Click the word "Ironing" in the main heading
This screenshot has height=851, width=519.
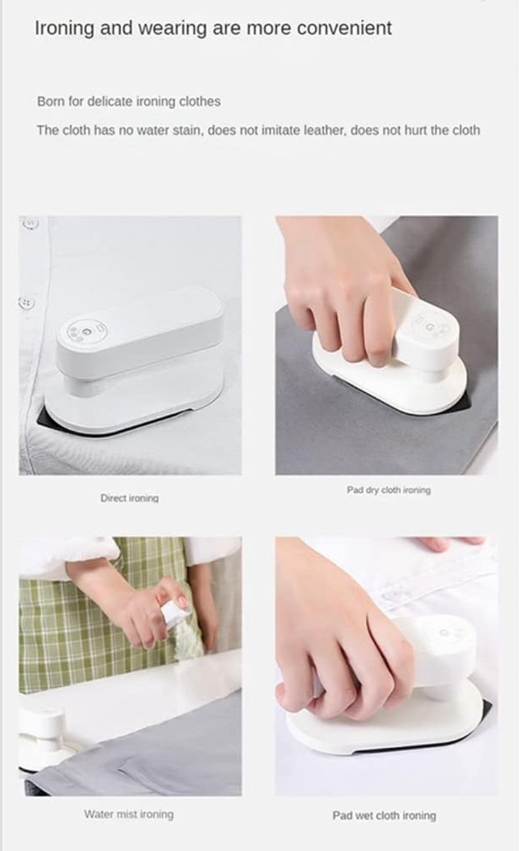pos(64,28)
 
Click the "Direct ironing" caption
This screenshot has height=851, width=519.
pos(130,498)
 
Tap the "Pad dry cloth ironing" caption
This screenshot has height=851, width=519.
pos(389,490)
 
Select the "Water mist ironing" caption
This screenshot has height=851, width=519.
pos(129,814)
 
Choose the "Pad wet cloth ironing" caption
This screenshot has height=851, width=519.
pos(384,816)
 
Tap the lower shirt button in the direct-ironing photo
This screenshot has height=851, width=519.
pos(27,303)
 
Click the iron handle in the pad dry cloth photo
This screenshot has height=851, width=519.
pos(423,335)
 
